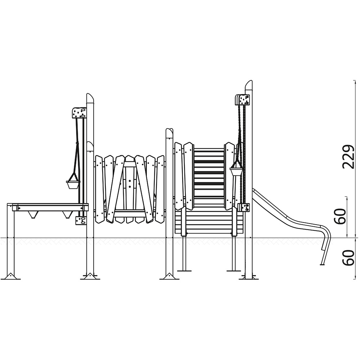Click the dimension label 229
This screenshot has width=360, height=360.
[x=348, y=157]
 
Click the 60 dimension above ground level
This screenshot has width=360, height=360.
[x=340, y=216]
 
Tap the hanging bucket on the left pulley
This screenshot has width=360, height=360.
[x=73, y=185]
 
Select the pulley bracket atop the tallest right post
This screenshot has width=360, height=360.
[x=242, y=100]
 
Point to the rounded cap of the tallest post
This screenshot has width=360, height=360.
[x=249, y=85]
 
